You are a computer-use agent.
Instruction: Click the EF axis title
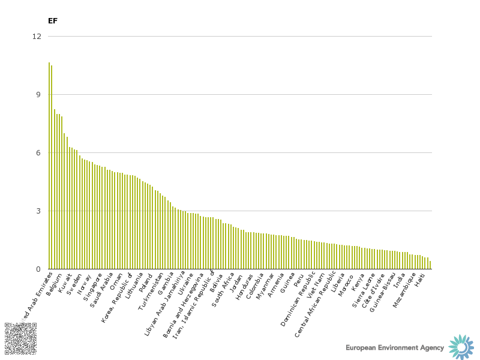(x=53, y=21)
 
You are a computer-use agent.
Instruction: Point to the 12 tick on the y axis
(x=37, y=36)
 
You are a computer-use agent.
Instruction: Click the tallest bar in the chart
(x=49, y=166)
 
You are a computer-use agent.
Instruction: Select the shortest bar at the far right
(x=430, y=265)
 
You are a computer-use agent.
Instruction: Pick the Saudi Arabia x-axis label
(x=103, y=289)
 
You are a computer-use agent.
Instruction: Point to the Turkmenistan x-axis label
(x=152, y=291)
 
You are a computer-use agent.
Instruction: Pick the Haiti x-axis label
(x=425, y=280)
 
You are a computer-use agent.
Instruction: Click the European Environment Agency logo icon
(x=461, y=347)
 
